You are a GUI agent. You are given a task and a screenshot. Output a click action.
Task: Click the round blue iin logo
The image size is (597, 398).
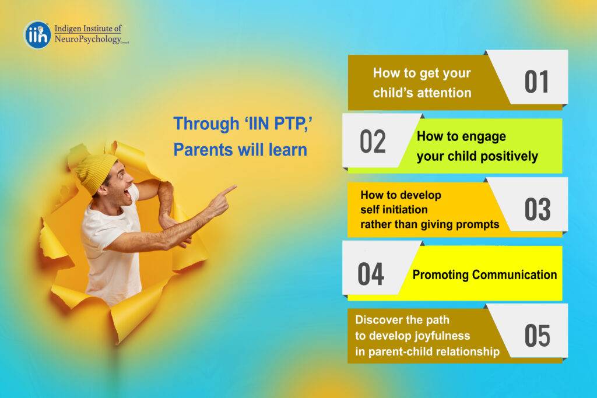pyautogui.click(x=37, y=35)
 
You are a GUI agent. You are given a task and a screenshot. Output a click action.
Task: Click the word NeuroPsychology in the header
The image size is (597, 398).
pyautogui.click(x=87, y=39)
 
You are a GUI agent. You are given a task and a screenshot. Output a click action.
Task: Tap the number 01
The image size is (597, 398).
pyautogui.click(x=536, y=82)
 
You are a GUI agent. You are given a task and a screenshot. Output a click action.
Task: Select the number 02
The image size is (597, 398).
pyautogui.click(x=373, y=142)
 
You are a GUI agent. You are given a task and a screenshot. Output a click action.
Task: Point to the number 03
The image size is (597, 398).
pyautogui.click(x=537, y=209)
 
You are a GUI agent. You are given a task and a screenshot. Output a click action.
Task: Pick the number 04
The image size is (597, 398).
pyautogui.click(x=371, y=274)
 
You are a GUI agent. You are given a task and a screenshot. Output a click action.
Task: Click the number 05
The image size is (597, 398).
pyautogui.click(x=537, y=336)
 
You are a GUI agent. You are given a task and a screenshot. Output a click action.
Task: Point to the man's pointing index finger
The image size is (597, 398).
pyautogui.click(x=229, y=189)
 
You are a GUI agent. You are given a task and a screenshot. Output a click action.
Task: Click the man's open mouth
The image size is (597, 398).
pyautogui.click(x=127, y=195)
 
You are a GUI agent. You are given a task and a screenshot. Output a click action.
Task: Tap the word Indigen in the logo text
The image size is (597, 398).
pyautogui.click(x=68, y=29)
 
